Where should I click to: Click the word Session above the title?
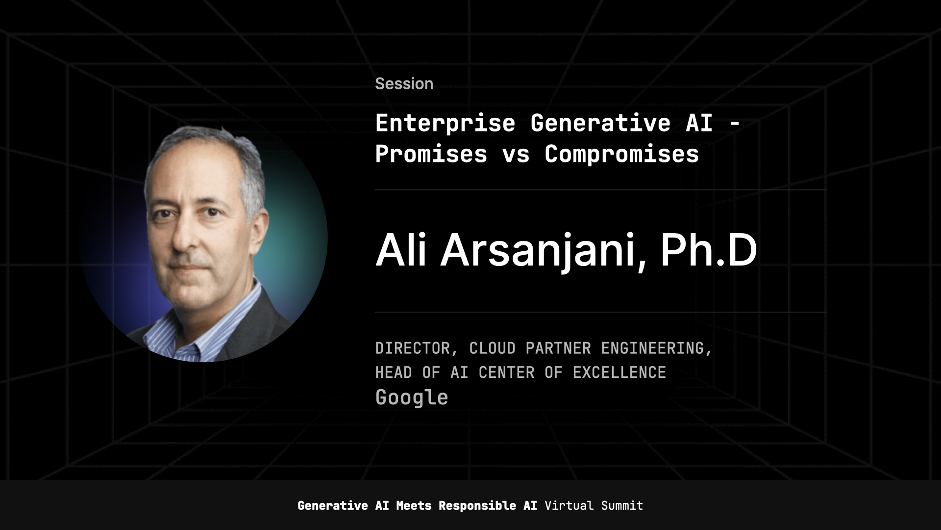[404, 84]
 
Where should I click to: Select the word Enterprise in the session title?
[445, 123]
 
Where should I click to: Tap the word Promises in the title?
[431, 154]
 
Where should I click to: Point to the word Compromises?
[621, 154]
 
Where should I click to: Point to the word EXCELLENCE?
[619, 373]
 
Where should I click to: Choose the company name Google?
[412, 397]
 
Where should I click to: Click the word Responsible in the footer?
[477, 506]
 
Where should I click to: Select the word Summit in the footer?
[622, 506]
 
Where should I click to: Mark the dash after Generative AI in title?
[734, 124]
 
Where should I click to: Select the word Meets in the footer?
[414, 506]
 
